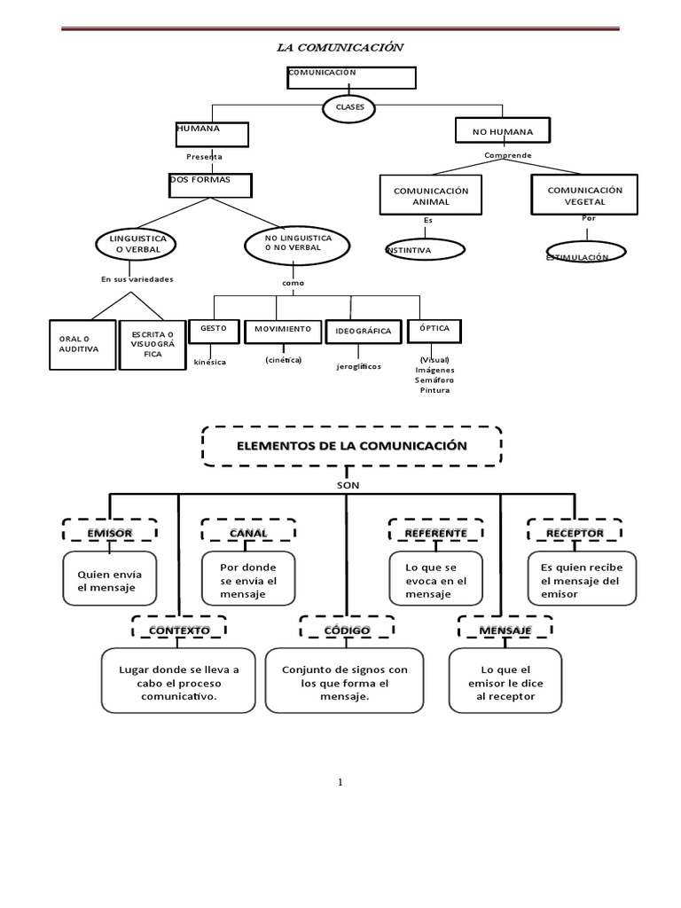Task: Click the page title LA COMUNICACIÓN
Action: (x=340, y=48)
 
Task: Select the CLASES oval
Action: (x=349, y=107)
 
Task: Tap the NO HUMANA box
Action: (x=502, y=131)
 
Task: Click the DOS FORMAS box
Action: (x=210, y=184)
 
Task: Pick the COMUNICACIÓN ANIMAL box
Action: (x=430, y=196)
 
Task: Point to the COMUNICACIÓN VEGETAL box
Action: (x=584, y=195)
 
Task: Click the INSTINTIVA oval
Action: (x=425, y=250)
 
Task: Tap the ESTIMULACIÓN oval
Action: (x=585, y=254)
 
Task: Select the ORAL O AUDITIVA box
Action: (x=82, y=345)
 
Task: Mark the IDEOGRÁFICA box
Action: (x=363, y=332)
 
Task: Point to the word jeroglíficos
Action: (x=359, y=366)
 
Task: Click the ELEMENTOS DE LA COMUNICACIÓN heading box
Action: (x=351, y=446)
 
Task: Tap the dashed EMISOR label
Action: (x=110, y=532)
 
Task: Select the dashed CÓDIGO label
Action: (x=347, y=630)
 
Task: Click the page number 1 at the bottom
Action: (x=340, y=782)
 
